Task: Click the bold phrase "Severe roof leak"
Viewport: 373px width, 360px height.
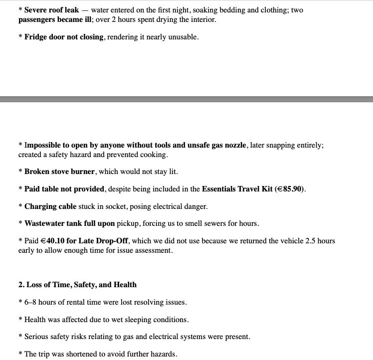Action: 51,10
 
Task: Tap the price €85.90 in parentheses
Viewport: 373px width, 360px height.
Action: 290,189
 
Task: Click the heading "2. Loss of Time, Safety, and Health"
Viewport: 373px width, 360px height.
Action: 77,285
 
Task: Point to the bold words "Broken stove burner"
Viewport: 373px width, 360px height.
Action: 59,172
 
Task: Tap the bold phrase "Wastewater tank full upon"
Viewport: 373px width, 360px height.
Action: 69,223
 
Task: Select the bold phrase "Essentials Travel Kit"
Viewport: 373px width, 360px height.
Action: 237,189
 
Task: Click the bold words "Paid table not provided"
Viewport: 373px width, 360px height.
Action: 64,189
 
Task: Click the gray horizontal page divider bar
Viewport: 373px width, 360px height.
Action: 186,99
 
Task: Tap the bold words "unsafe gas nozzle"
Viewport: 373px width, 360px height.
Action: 217,145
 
